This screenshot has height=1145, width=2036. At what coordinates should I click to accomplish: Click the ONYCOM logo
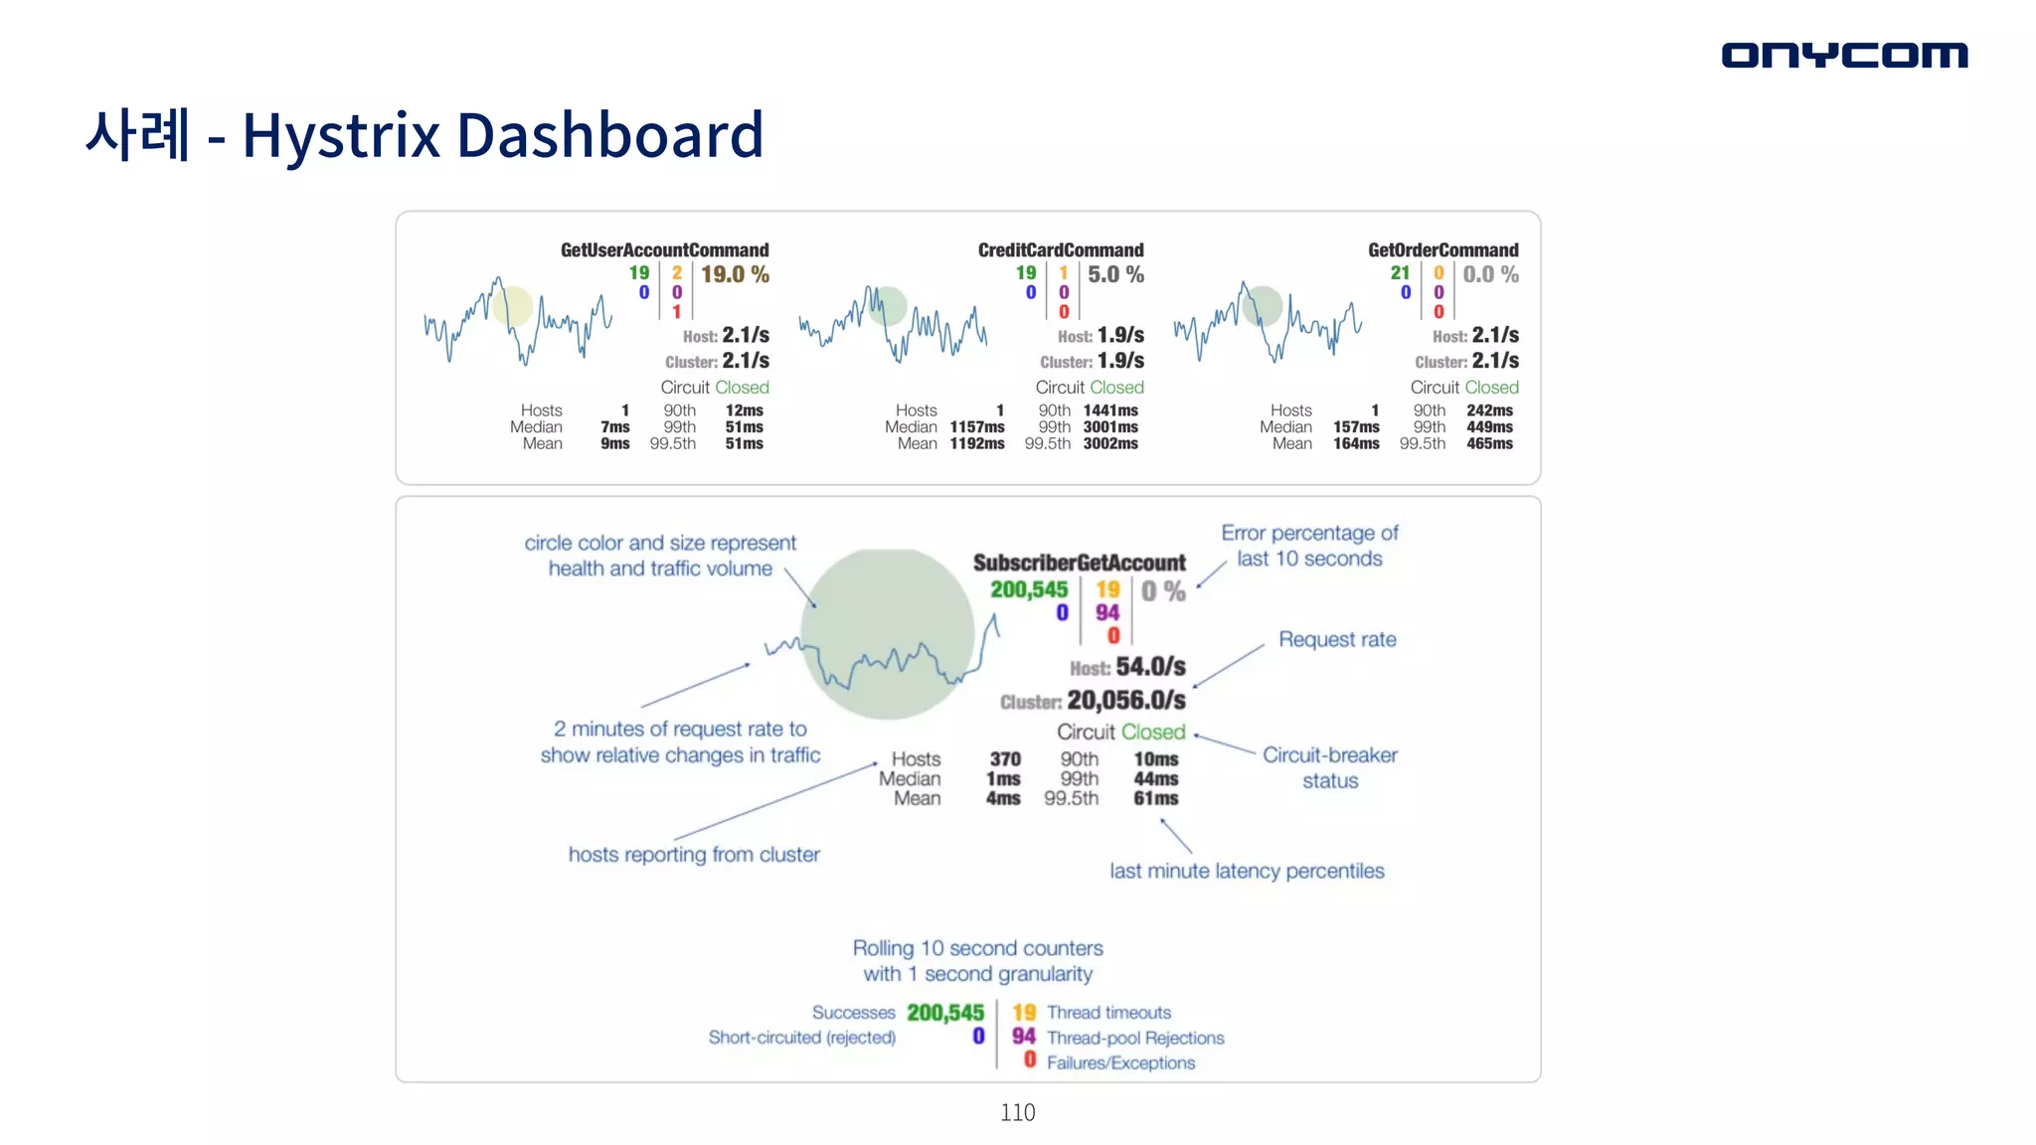(1844, 55)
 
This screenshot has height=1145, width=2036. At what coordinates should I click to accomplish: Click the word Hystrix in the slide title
(341, 135)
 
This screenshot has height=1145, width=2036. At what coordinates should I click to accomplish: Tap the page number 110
(1017, 1112)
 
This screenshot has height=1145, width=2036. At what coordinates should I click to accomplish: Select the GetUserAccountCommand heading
(664, 250)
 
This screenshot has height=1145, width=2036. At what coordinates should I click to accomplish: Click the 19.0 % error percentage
(735, 274)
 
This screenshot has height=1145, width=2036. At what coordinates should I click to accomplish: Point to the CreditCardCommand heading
(1061, 250)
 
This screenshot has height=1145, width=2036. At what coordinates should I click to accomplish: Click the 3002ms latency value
(1110, 444)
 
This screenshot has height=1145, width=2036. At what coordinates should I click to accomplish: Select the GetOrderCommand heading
(1442, 250)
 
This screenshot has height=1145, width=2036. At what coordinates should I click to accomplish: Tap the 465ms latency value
(1489, 444)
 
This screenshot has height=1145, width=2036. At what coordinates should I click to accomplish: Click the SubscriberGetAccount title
(1079, 563)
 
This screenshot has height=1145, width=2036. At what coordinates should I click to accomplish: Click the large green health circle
(887, 633)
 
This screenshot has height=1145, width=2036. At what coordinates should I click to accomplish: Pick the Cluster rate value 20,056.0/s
(1125, 701)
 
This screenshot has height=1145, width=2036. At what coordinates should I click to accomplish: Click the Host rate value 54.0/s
(1150, 667)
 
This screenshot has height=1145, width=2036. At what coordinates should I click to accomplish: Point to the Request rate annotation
(1337, 639)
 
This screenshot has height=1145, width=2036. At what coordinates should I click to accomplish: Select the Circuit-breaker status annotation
(1330, 767)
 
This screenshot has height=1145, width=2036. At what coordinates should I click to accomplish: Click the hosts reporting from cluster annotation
(694, 855)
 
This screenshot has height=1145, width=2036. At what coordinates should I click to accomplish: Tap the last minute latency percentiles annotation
(1247, 871)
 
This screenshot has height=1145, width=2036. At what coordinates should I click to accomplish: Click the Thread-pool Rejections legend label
(1135, 1038)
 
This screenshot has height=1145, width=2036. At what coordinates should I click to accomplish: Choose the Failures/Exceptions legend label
(1120, 1063)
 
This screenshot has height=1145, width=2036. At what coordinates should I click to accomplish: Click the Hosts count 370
(1004, 759)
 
